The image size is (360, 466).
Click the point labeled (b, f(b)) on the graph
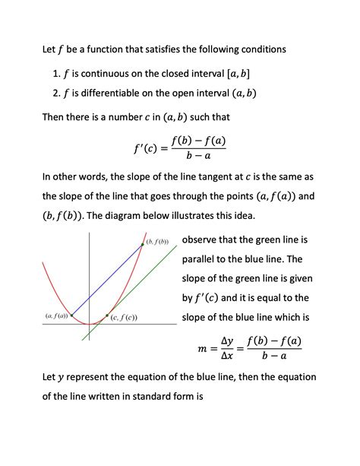pos(143,243)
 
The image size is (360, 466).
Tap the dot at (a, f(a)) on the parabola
pos(72,315)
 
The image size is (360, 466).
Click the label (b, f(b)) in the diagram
pos(160,241)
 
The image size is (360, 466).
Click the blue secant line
pos(106,280)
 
